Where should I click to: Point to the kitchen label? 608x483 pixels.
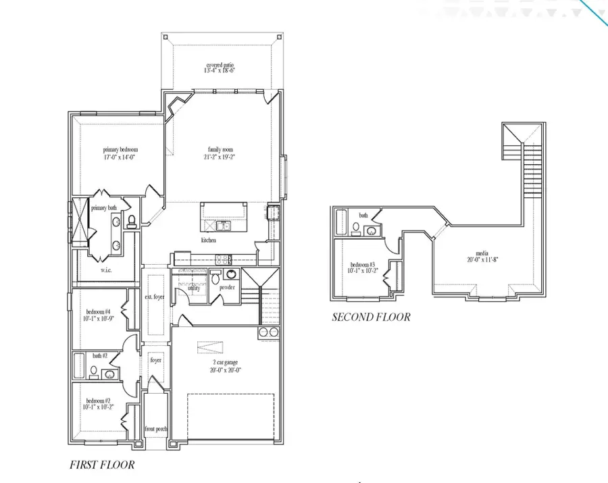209,240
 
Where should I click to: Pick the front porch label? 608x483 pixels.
155,429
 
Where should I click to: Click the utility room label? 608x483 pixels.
194,288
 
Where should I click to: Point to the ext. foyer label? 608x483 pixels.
154,297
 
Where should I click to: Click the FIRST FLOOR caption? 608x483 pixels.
102,465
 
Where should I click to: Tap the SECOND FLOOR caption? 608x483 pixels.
371,317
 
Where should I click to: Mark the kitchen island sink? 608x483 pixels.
224,226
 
